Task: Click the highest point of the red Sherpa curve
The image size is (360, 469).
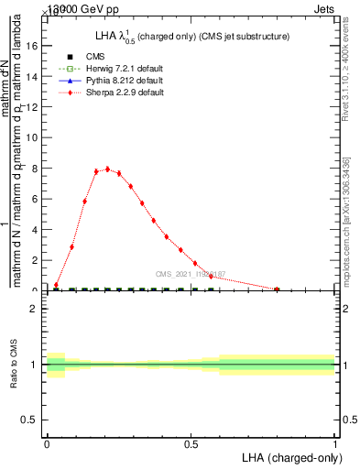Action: [x=107, y=169]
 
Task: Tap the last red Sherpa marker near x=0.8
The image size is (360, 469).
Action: [x=277, y=289]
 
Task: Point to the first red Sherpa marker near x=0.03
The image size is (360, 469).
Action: [x=56, y=285]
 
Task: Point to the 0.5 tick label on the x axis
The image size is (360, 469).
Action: [x=191, y=445]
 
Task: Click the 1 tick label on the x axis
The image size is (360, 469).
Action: [x=334, y=445]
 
